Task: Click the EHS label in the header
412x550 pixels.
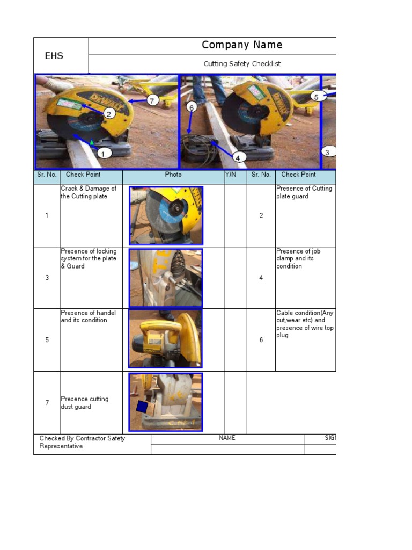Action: click(x=54, y=56)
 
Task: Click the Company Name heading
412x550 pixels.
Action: click(x=242, y=45)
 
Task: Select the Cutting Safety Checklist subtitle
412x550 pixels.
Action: click(x=242, y=64)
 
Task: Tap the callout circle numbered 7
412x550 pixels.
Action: click(x=152, y=100)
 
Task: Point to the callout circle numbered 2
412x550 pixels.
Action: click(x=108, y=113)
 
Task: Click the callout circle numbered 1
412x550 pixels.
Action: click(x=104, y=154)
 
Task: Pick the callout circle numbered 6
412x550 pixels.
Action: click(x=192, y=107)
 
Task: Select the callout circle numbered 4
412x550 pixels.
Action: click(x=238, y=157)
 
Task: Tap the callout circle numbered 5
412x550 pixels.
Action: click(x=316, y=97)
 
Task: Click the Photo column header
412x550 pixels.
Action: click(x=173, y=175)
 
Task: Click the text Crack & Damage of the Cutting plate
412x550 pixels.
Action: click(x=89, y=192)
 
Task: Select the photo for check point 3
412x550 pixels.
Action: click(x=166, y=278)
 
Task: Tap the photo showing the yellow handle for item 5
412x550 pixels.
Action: click(x=166, y=339)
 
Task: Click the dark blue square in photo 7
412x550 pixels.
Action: click(x=142, y=407)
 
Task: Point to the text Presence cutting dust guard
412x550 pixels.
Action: click(x=84, y=403)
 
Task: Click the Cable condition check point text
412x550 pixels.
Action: click(x=305, y=324)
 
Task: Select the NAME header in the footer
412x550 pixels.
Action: click(x=227, y=438)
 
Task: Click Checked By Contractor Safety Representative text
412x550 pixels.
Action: click(x=82, y=442)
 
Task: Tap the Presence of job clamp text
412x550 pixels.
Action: click(x=298, y=258)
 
